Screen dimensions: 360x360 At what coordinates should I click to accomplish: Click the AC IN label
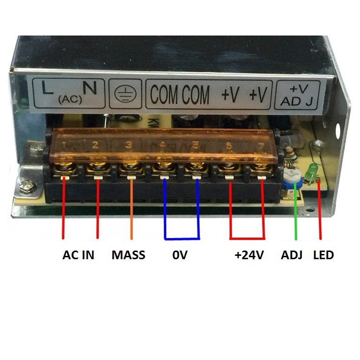pos(78,254)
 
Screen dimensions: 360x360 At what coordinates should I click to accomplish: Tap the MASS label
pos(128,254)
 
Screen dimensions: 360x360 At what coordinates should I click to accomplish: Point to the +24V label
pos(249,254)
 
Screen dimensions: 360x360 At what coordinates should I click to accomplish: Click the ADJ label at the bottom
pos(291,254)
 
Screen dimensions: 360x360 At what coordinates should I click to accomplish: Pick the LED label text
pos(323,254)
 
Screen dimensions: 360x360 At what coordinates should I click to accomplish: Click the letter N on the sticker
pos(90,89)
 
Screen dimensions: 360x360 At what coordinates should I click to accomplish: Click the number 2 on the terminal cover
pos(95,144)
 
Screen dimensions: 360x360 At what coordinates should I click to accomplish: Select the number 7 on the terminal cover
pos(260,144)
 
